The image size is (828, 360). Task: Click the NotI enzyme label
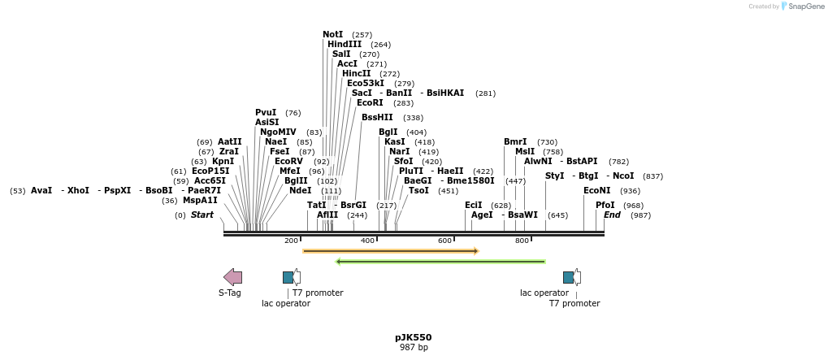coord(332,35)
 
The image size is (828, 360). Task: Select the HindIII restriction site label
coord(345,45)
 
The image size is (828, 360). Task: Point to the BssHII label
coord(377,118)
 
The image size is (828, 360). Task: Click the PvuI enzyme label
coord(266,113)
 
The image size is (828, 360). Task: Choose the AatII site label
coord(229,142)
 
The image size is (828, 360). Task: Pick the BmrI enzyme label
coord(515,142)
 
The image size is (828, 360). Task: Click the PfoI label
coord(605,206)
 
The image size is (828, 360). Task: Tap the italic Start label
coord(202,215)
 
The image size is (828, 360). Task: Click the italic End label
coord(612,215)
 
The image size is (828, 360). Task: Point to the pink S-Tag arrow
coord(232,277)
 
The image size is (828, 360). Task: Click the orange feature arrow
coord(390,251)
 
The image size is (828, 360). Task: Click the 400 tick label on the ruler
coord(367,241)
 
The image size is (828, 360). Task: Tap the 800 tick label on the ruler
coord(522,241)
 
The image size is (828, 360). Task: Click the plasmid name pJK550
coord(413,337)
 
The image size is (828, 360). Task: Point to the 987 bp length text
coord(413,348)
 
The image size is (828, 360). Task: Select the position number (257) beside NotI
coord(362,36)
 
